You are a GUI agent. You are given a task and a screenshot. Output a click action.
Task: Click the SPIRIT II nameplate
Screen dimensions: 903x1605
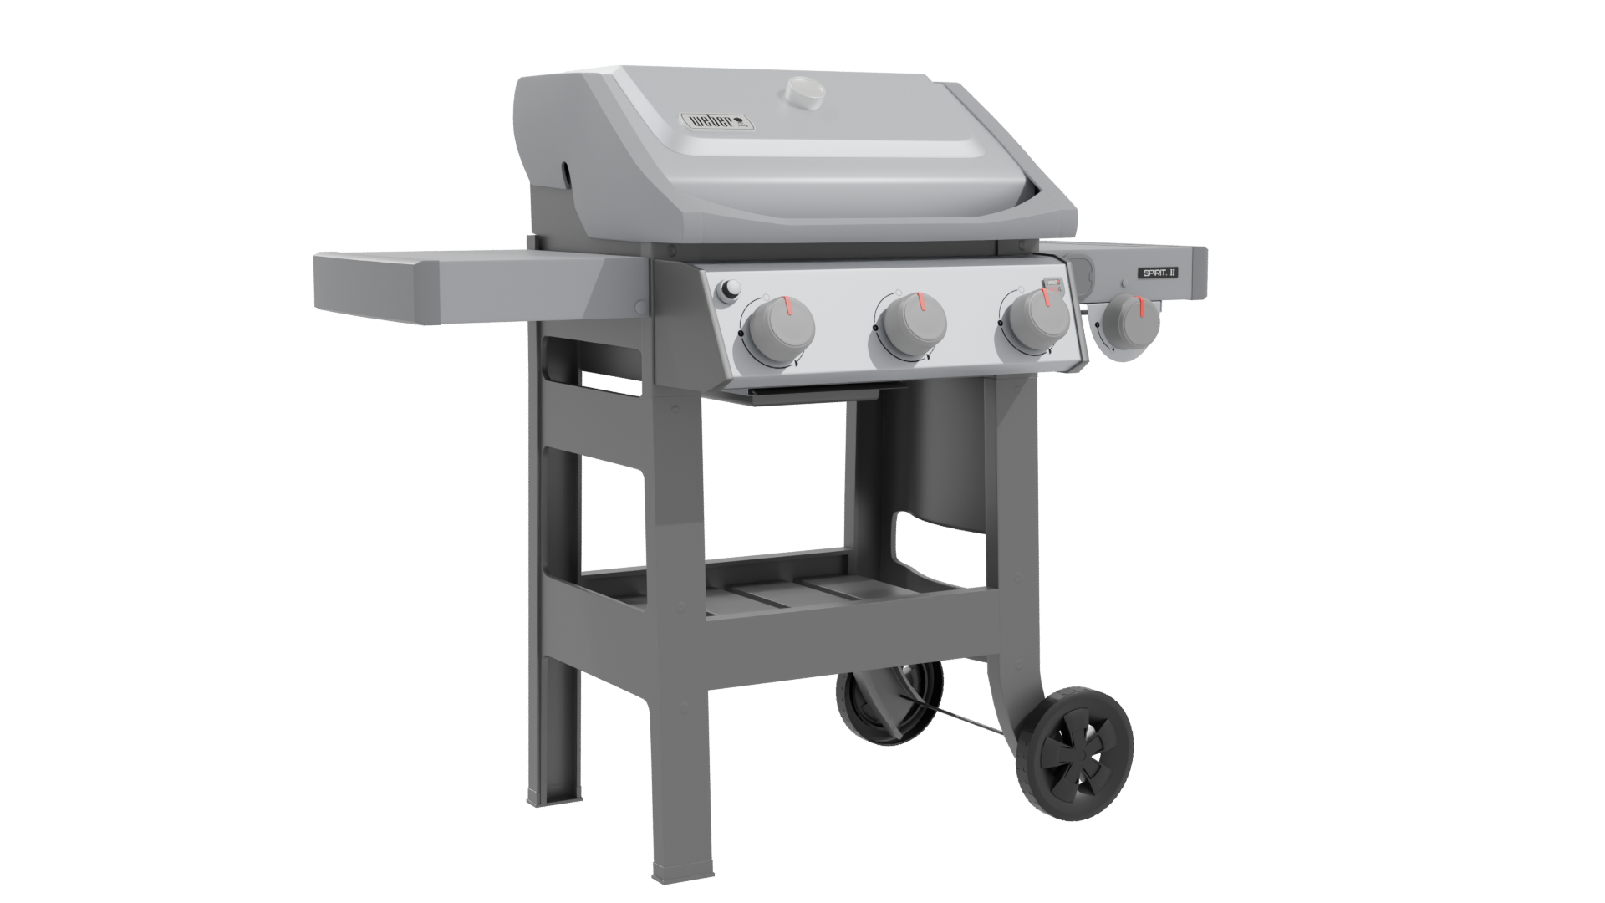[x=1156, y=272]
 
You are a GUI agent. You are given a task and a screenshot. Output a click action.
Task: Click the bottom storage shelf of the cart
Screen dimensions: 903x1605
[x=777, y=598]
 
